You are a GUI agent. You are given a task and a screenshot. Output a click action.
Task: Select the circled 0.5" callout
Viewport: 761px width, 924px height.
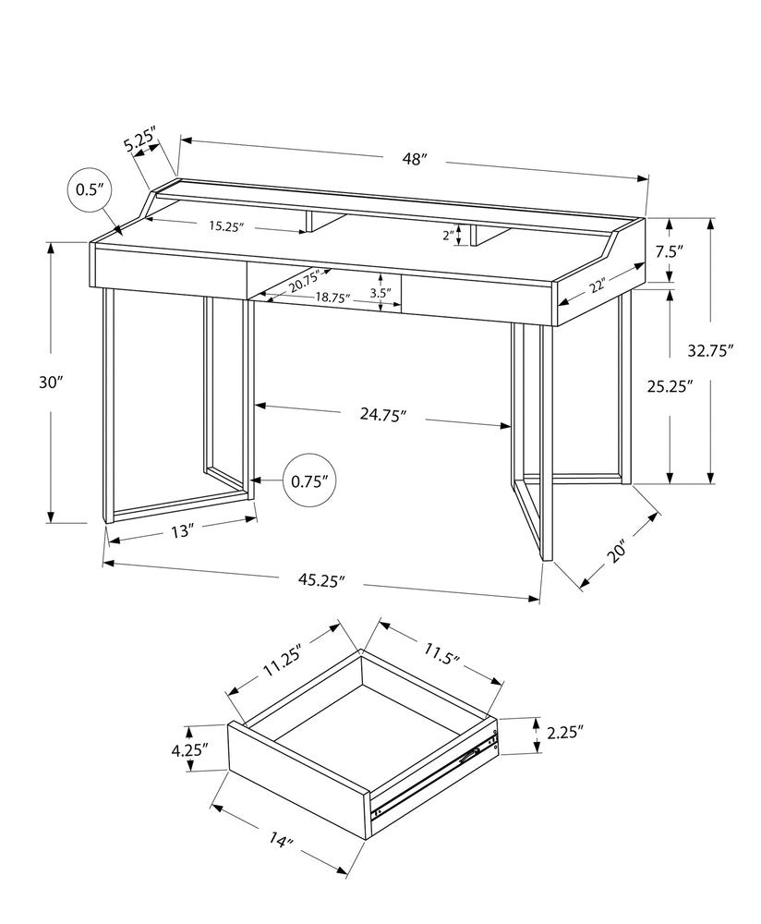pos(89,190)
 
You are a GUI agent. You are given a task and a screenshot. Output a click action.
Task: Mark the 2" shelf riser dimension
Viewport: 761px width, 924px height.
pos(447,236)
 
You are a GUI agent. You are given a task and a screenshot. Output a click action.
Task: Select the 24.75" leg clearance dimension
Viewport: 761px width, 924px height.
pos(381,416)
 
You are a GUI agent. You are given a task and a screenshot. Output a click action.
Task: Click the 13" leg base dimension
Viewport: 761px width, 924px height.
pos(182,531)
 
